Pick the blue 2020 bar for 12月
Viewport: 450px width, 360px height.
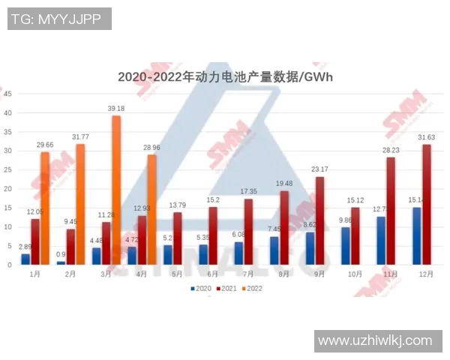coord(416,236)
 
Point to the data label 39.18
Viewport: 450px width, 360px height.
coord(116,109)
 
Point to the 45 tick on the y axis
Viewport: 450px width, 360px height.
coord(7,94)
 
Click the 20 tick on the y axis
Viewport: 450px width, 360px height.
coord(7,189)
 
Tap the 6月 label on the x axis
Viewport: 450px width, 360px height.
coord(212,274)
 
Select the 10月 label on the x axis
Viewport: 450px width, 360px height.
coord(356,274)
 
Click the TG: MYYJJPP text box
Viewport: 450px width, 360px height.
coord(59,19)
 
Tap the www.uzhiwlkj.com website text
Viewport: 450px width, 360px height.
coord(375,340)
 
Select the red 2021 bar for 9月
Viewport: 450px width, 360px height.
coord(320,220)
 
